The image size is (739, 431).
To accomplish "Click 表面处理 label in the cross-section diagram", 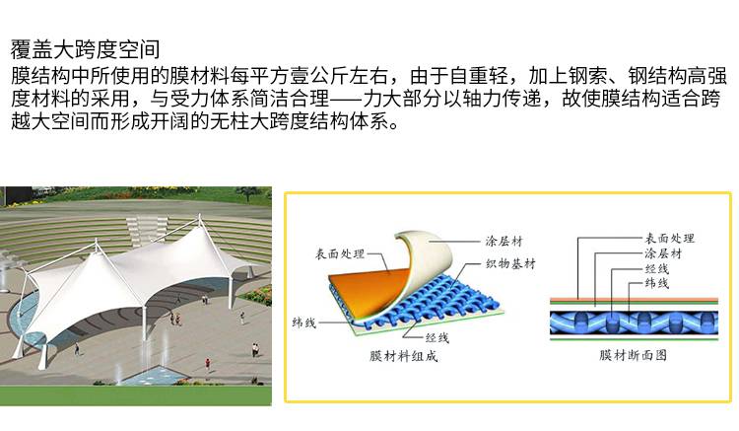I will (x=670, y=239).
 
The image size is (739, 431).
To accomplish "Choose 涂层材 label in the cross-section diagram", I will (x=663, y=252).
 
